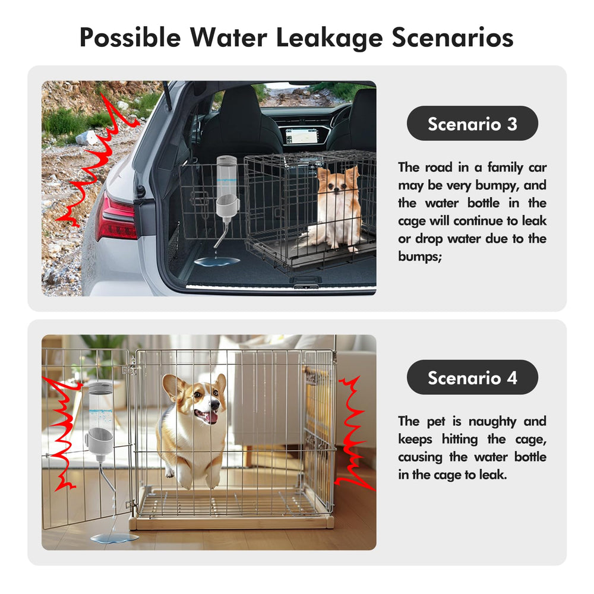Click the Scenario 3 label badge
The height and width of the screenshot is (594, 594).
[x=472, y=124]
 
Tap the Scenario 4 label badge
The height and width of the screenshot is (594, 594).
[x=472, y=377]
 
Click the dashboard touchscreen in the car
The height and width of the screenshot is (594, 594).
[x=301, y=135]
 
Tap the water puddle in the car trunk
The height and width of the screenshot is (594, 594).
[x=217, y=261]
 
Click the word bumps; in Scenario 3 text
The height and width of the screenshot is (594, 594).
[x=420, y=257]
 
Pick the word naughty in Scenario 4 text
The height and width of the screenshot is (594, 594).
[x=492, y=422]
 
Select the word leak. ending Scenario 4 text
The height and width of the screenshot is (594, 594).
[x=493, y=474]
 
